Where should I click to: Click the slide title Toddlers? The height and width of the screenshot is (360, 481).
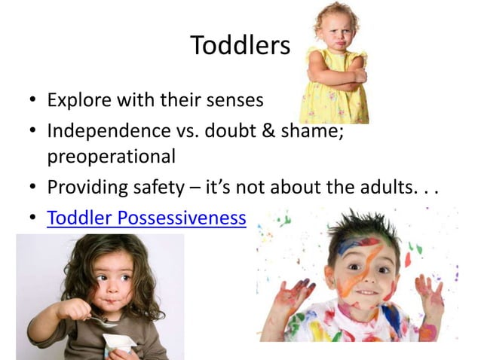[x=240, y=45]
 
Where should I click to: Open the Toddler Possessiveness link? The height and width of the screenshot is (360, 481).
[x=146, y=218]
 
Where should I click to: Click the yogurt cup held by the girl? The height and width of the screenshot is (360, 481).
[x=118, y=343]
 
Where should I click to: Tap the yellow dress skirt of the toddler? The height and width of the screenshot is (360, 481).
[x=332, y=105]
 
